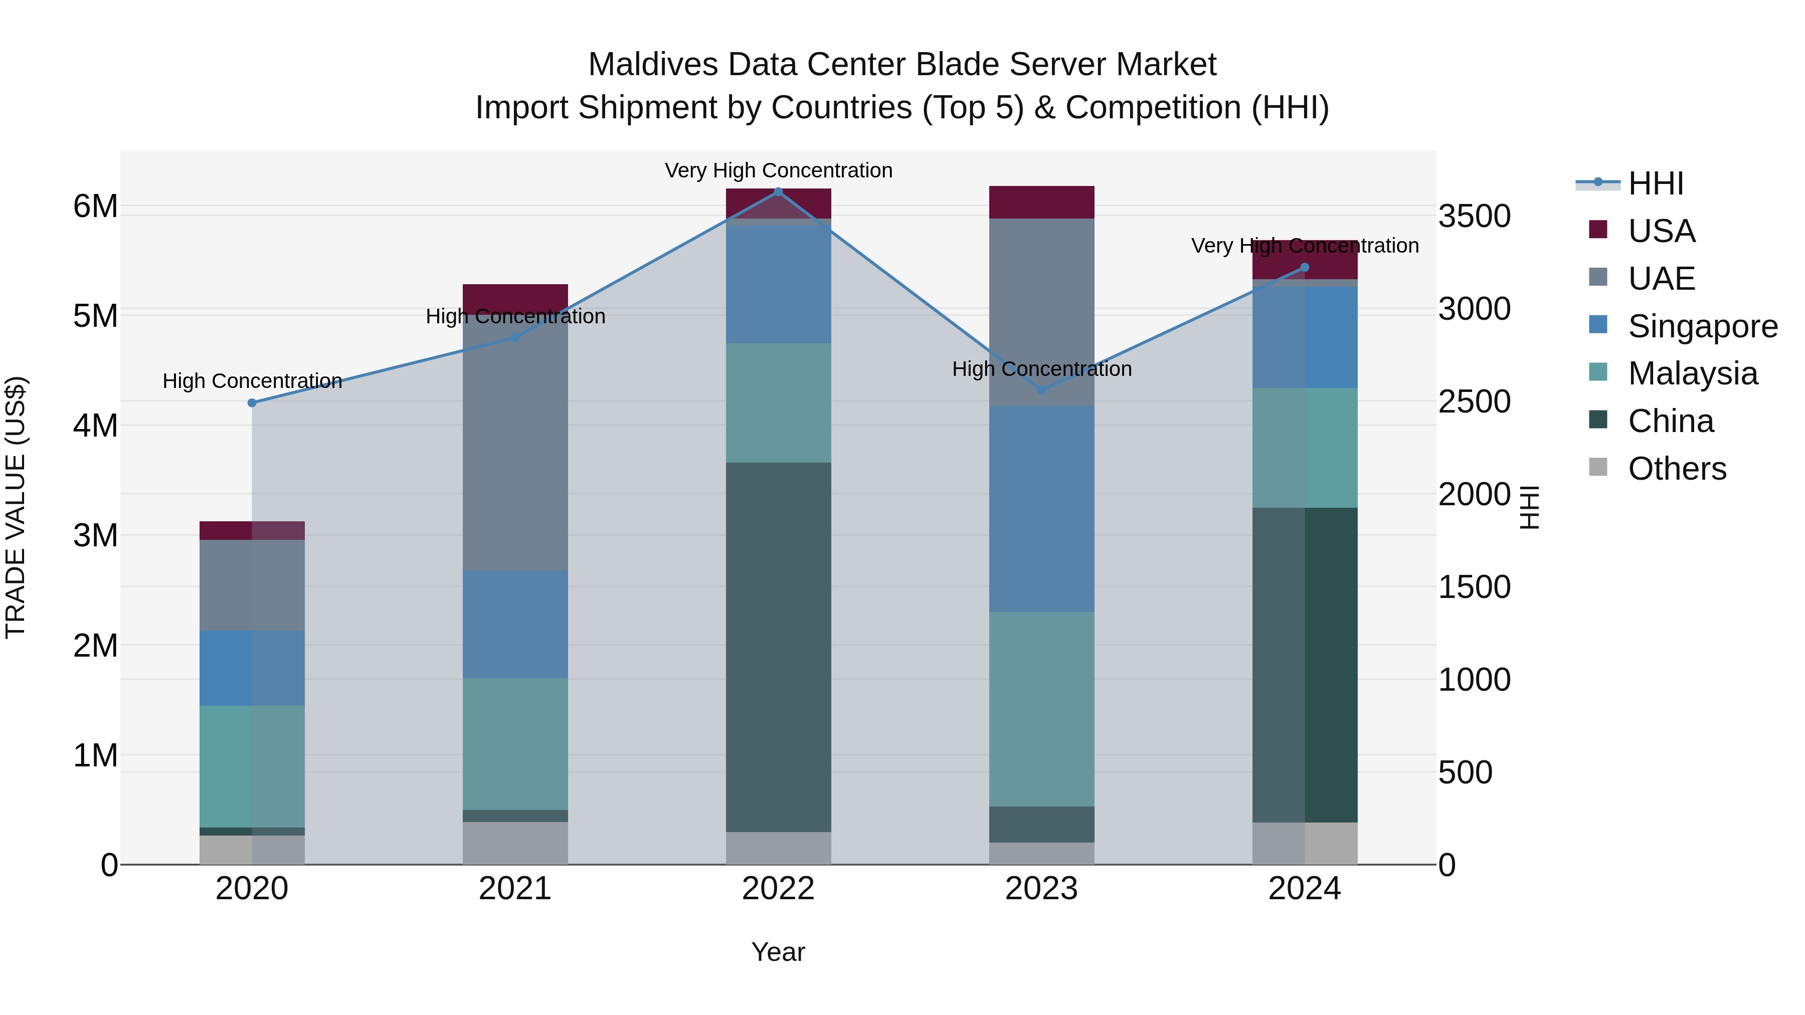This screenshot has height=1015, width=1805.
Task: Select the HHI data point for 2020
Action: coord(252,403)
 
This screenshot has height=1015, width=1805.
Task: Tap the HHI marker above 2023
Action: coord(1041,390)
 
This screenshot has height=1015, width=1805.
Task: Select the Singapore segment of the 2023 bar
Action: coord(1041,509)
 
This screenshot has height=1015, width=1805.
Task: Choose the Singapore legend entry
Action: coord(1702,326)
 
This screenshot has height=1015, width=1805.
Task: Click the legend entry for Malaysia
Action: coord(1692,373)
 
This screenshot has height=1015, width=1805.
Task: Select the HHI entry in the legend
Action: coord(1655,183)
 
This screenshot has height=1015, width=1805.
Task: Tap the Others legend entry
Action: coord(1677,469)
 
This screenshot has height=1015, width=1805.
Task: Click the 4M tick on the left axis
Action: coord(95,425)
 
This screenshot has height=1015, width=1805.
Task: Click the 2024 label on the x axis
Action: coord(1304,889)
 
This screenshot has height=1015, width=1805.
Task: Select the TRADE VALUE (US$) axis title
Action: coord(16,507)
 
